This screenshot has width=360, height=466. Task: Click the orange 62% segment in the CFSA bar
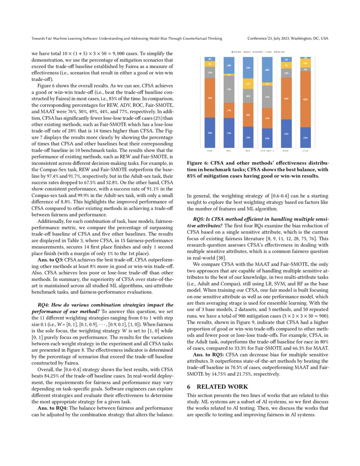pyautogui.click(x=305, y=99)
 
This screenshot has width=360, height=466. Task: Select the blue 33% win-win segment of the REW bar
pyautogui.click(x=210, y=133)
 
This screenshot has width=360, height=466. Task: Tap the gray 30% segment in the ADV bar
pyautogui.click(x=229, y=89)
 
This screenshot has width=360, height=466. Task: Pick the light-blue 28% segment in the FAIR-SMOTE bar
pyautogui.click(x=267, y=70)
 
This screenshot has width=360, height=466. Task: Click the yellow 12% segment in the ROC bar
pyautogui.click(x=248, y=84)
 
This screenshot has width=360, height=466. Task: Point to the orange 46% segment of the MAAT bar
pyautogui.click(x=286, y=98)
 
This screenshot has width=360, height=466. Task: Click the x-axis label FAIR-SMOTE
pyautogui.click(x=267, y=150)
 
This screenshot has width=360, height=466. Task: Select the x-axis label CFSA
pyautogui.click(x=305, y=150)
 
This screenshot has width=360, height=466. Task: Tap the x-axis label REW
pyautogui.click(x=210, y=150)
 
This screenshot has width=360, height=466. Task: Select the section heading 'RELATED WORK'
pyautogui.click(x=216, y=386)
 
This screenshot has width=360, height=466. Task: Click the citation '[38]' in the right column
pyautogui.click(x=224, y=258)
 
